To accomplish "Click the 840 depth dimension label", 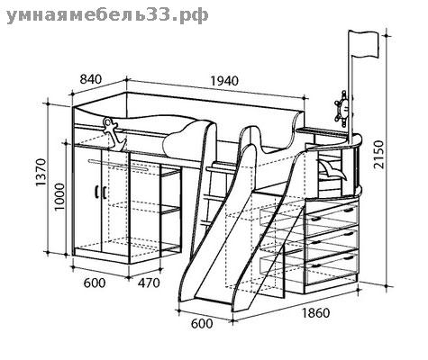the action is point(91,79).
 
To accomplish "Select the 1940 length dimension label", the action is point(224,81).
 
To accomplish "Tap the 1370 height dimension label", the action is point(41,172).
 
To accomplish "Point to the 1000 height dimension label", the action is point(59,196).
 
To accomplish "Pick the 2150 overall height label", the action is point(378,155).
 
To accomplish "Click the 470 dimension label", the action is point(149,283).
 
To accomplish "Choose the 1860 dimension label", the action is point(315,313).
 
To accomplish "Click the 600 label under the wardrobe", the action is point(95,283).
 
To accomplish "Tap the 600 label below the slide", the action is point(202,323).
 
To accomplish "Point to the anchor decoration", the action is point(114,134).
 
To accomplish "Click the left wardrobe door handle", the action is point(96,191).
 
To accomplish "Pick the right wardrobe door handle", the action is point(104,192).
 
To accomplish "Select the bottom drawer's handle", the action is point(348,258).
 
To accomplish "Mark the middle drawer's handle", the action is point(348,234).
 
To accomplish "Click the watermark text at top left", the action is point(107,15).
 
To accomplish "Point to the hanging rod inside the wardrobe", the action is point(119,166).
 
